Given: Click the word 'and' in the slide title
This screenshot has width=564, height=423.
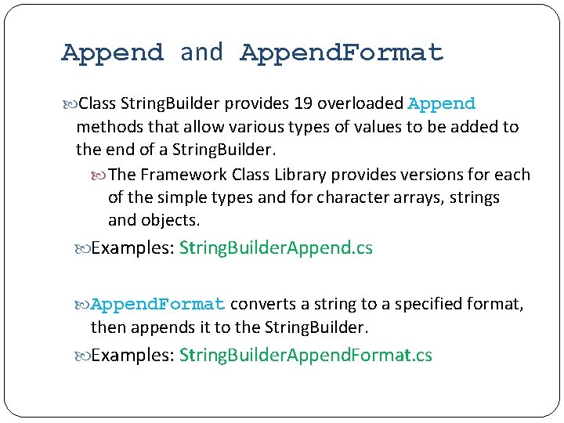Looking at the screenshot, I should coord(201,52).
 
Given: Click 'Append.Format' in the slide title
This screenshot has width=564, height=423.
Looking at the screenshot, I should coord(342,53).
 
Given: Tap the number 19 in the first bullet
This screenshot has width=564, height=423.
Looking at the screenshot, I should coord(302,103).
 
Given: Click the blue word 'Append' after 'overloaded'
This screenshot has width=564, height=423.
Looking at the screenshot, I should coord(442,103).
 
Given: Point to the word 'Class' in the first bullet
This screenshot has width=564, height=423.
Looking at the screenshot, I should coord(97,103).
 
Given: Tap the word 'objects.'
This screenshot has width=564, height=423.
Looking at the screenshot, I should coord(171,220).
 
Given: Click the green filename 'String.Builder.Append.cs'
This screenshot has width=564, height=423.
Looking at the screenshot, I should coord(276,248).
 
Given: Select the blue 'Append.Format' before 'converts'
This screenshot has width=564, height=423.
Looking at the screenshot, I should coord(158,304).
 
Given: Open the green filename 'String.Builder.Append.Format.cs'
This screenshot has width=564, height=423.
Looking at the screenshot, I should coord(305,356).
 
